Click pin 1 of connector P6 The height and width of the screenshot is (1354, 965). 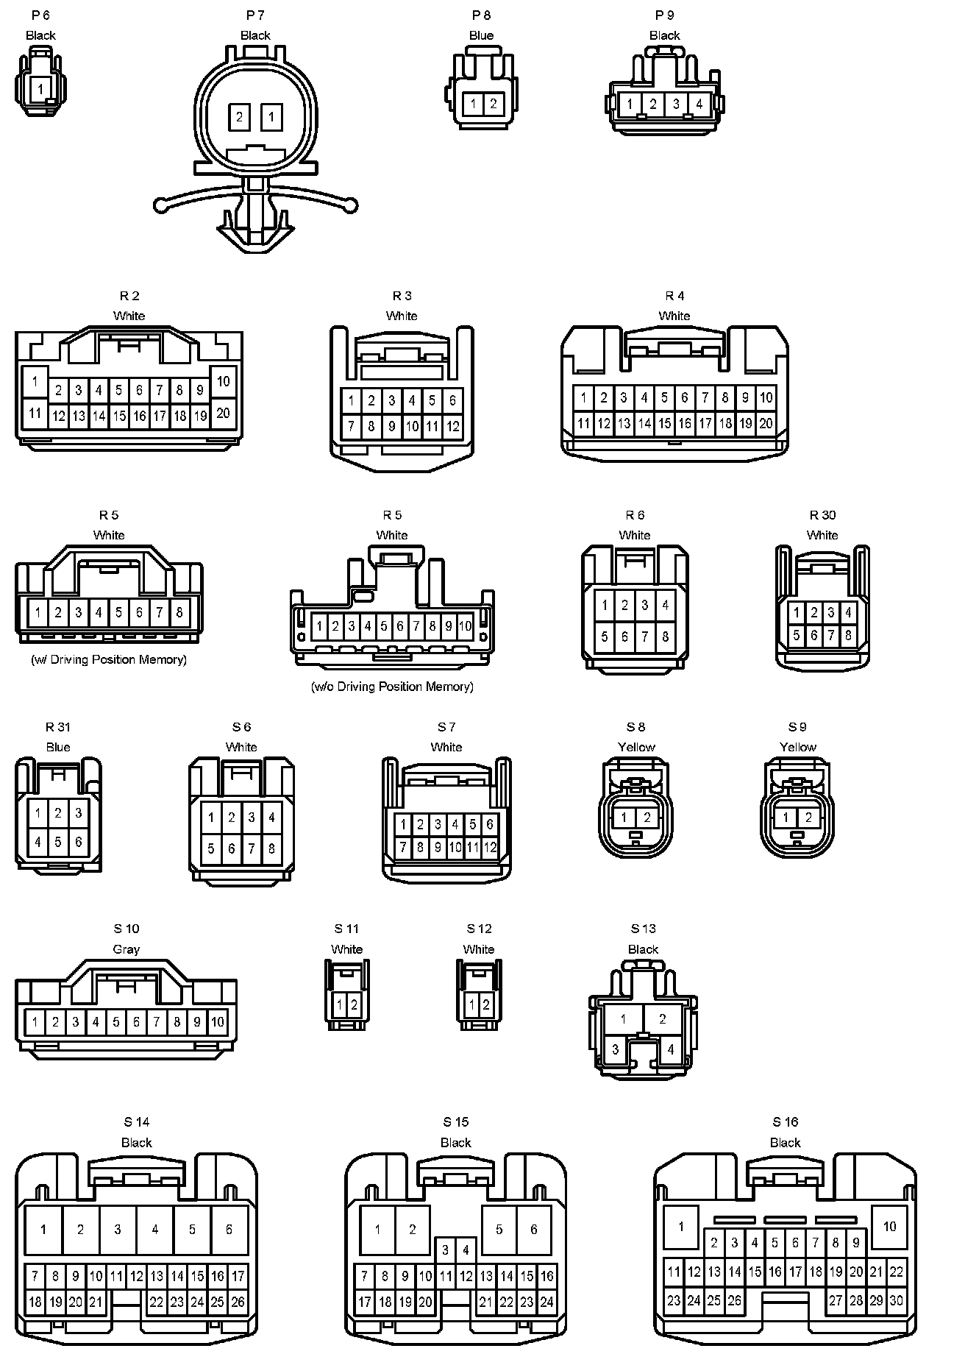pos(41,90)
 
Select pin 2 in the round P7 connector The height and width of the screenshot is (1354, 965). pos(240,116)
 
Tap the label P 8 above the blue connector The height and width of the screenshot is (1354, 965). pos(481,15)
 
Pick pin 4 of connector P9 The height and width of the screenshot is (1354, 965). pos(699,104)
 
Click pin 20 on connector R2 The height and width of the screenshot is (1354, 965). pos(224,413)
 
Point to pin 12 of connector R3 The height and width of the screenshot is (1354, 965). pos(452,425)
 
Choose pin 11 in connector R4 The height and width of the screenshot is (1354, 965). pos(583,423)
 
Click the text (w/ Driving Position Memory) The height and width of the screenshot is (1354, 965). pos(109,659)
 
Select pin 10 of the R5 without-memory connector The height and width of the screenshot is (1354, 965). pos(465,626)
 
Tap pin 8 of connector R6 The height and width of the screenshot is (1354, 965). pos(665,637)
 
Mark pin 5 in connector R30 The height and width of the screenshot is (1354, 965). pos(797,634)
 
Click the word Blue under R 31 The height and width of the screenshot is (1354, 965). pos(58,747)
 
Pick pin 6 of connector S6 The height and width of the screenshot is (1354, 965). pos(231,848)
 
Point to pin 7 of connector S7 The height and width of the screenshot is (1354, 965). pos(402,847)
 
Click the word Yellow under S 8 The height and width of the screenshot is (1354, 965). pos(636,747)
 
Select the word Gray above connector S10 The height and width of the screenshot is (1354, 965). pos(126,949)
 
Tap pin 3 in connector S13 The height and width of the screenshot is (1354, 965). pos(616,1050)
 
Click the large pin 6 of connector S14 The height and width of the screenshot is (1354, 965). pos(229,1229)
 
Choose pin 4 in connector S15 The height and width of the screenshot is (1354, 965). pos(465,1250)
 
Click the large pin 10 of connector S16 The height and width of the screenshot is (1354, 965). pos(889,1226)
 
